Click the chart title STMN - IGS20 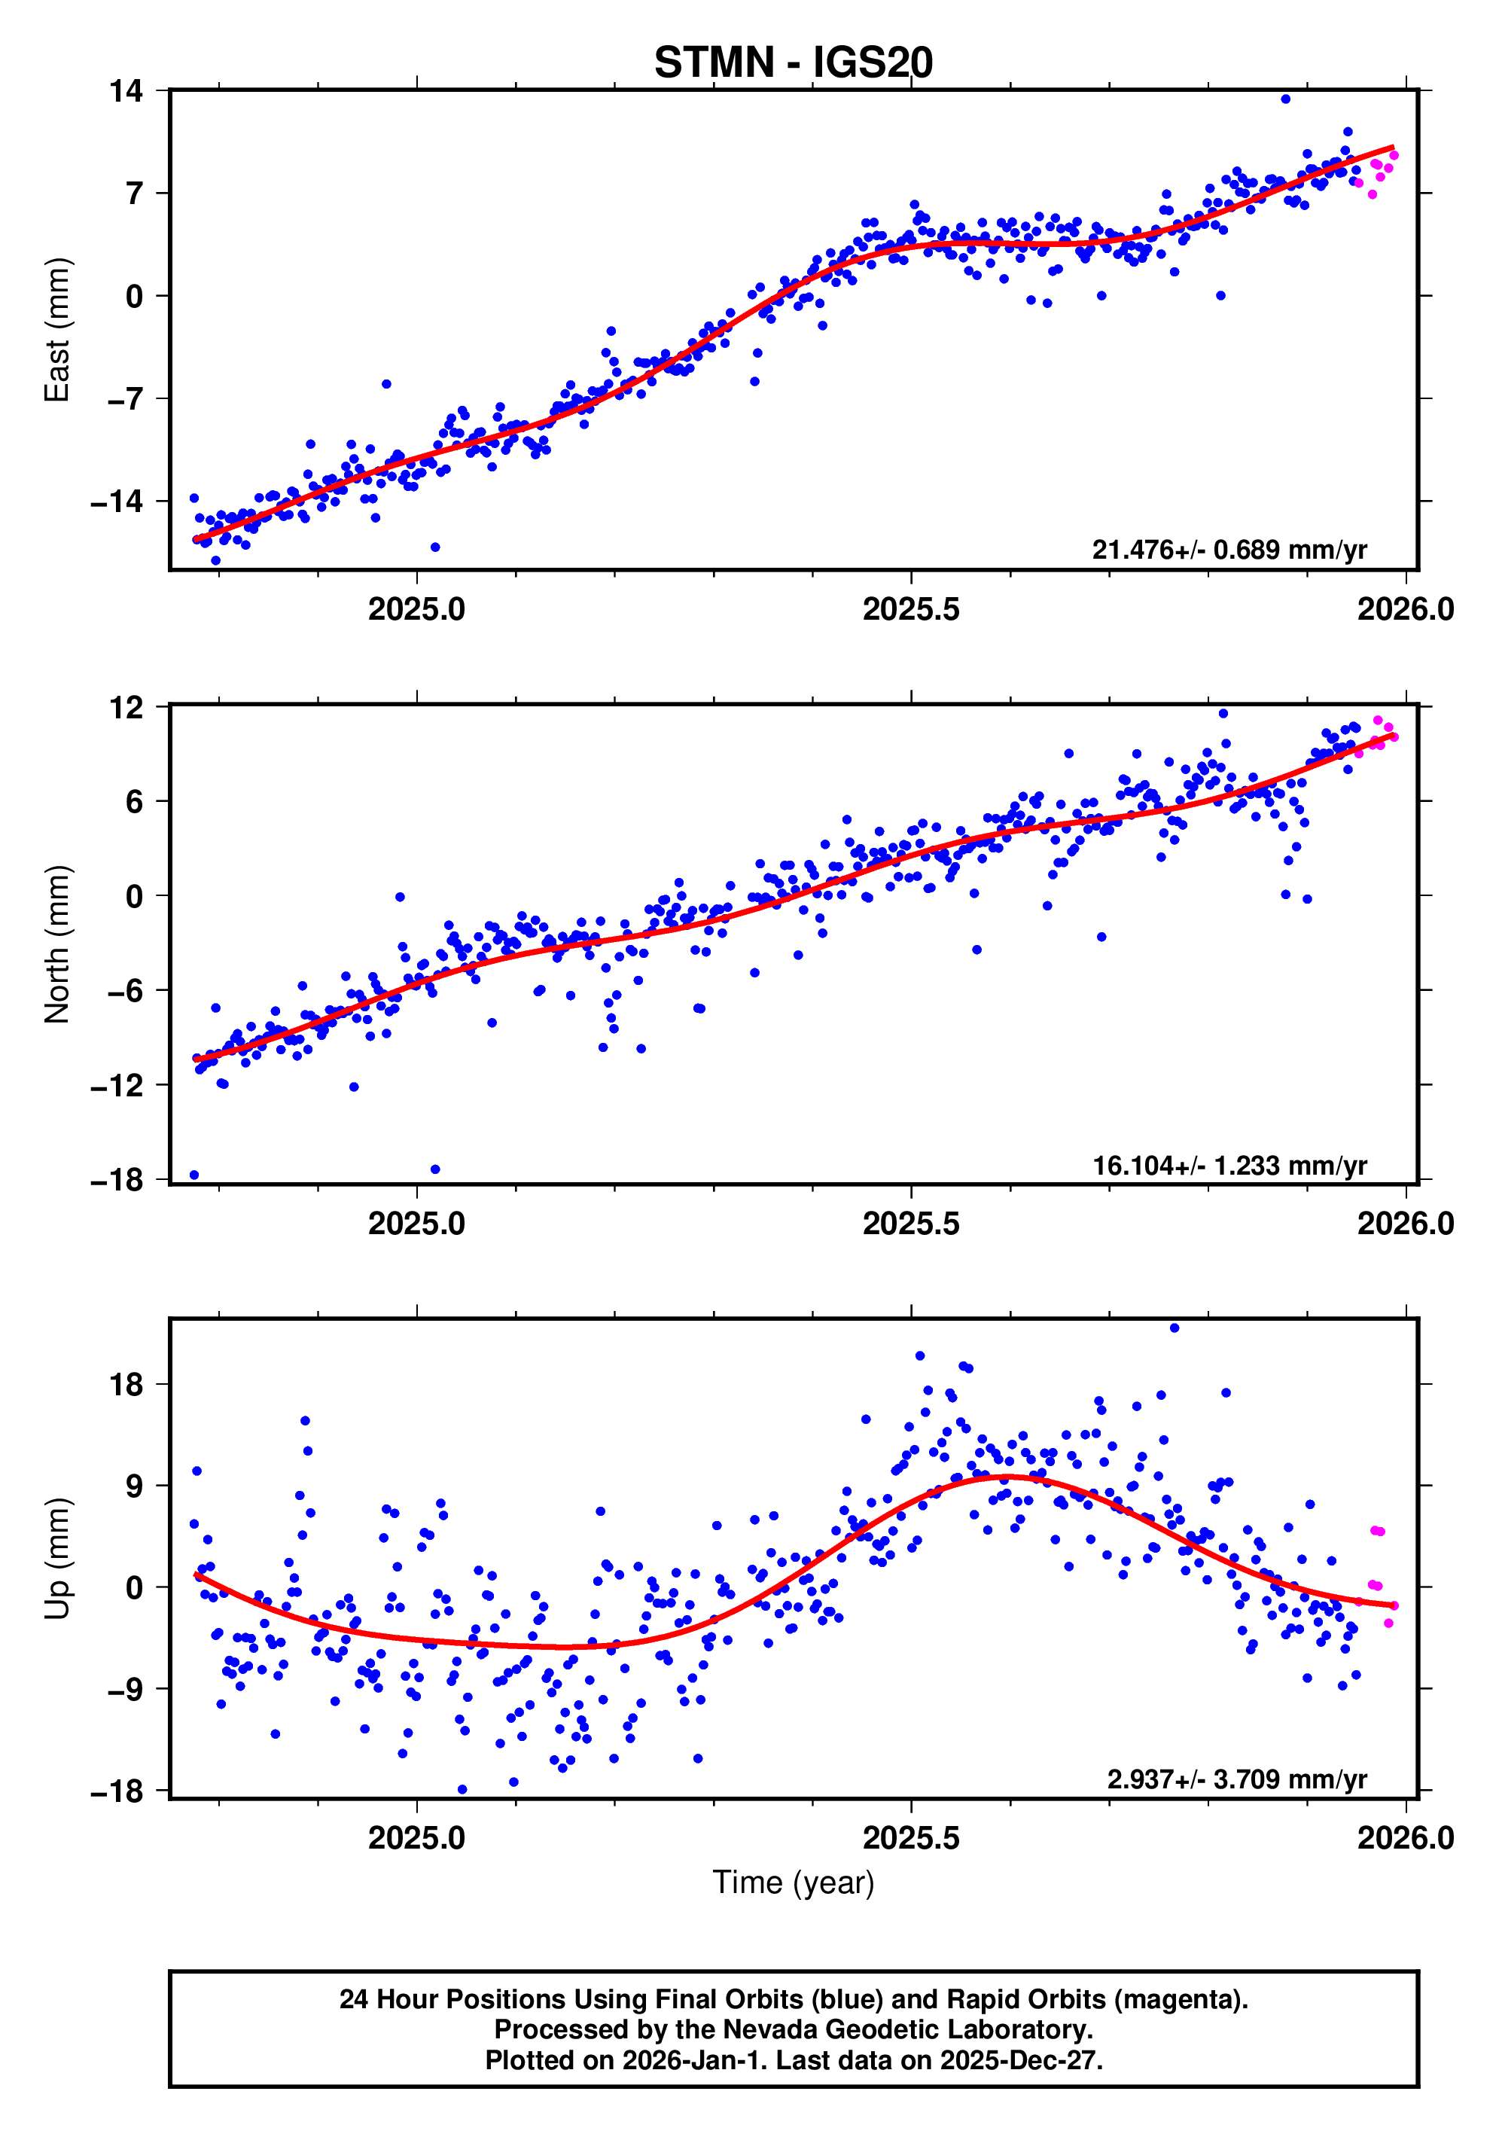[793, 63]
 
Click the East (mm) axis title [58, 330]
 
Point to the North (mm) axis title [58, 944]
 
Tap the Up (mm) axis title [58, 1559]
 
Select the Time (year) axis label [793, 1882]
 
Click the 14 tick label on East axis [126, 91]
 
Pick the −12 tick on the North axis [117, 1084]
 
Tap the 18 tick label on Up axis [126, 1385]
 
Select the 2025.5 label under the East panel [911, 610]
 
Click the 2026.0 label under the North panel [1405, 1223]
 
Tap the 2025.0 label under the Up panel [416, 1837]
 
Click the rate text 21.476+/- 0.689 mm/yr [1229, 550]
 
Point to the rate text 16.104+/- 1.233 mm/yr [1229, 1166]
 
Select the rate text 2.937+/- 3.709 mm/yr [1236, 1779]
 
